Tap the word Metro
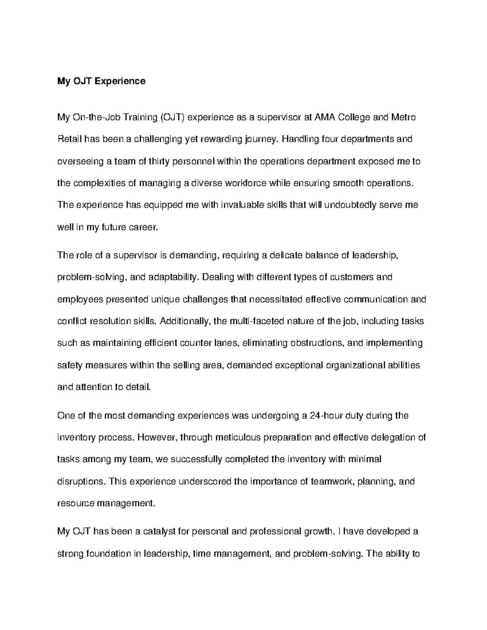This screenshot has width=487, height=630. [x=403, y=118]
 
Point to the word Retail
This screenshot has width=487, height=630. [x=69, y=140]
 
